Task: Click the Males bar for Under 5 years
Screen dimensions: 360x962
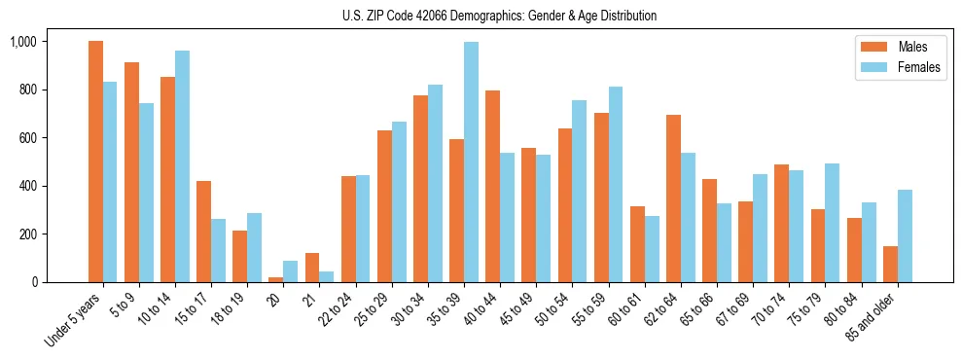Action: [x=95, y=162]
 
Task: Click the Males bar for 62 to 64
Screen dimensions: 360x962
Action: [x=674, y=198]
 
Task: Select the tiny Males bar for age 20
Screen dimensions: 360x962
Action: [x=276, y=279]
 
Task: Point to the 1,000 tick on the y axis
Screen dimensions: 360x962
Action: [x=23, y=42]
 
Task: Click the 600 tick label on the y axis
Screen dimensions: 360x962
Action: [x=28, y=138]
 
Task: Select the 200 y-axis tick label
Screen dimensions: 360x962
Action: [x=28, y=234]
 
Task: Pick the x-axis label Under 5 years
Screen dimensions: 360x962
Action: [x=73, y=316]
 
